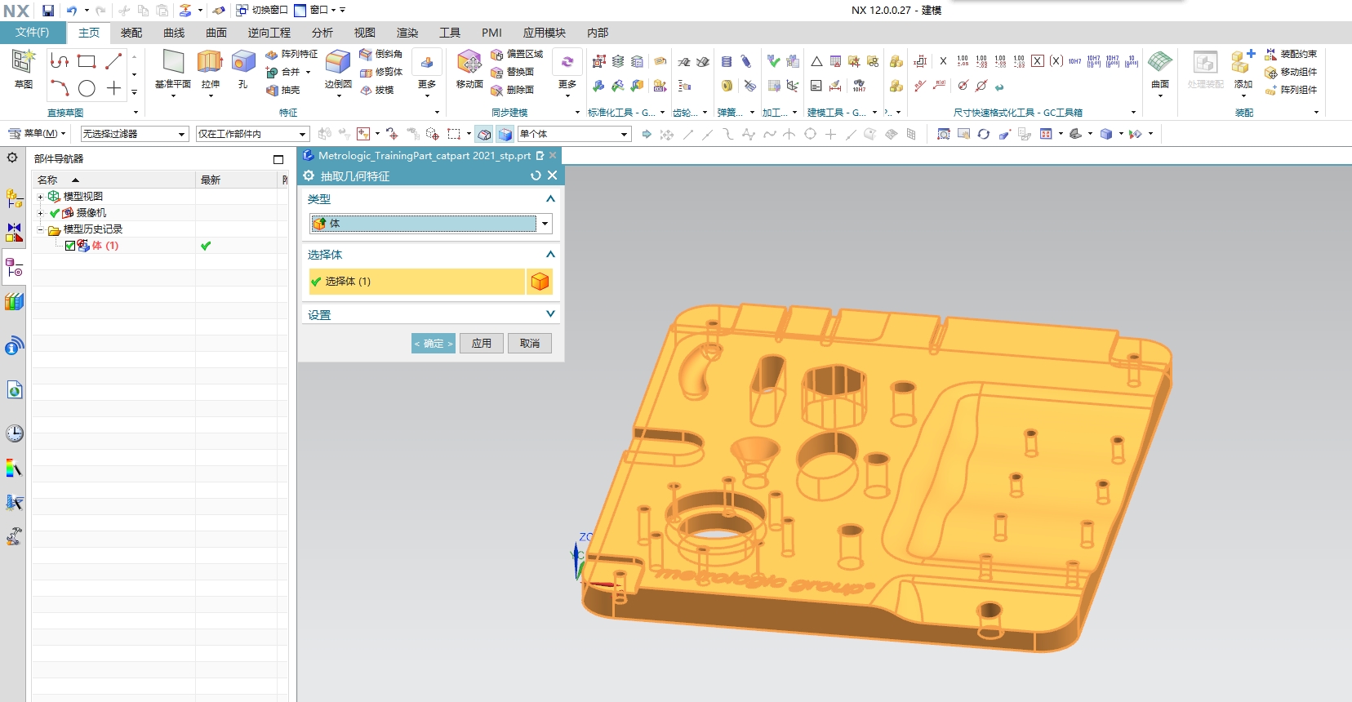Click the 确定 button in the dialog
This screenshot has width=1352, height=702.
tap(433, 344)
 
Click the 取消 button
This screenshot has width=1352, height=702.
tap(529, 344)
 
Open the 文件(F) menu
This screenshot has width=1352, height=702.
tap(32, 33)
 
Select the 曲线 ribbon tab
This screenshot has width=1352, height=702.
tap(174, 33)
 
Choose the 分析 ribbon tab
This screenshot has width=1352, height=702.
tap(322, 33)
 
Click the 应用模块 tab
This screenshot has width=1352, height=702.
tap(544, 33)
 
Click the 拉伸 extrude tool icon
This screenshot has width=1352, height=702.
tap(210, 62)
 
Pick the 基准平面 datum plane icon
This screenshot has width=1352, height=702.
tap(173, 62)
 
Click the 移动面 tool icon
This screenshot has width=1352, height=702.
tap(469, 62)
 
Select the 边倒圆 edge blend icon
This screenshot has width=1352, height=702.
tap(337, 62)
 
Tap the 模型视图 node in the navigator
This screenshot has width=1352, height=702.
tap(83, 197)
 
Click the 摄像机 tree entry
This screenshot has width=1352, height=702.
tap(91, 213)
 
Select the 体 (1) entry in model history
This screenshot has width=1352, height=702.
tap(105, 246)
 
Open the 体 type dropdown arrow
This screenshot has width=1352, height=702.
tap(545, 224)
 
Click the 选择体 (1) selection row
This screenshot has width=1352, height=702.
tap(416, 282)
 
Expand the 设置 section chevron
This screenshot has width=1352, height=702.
tap(550, 314)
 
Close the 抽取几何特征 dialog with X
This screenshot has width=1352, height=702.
tap(553, 175)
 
